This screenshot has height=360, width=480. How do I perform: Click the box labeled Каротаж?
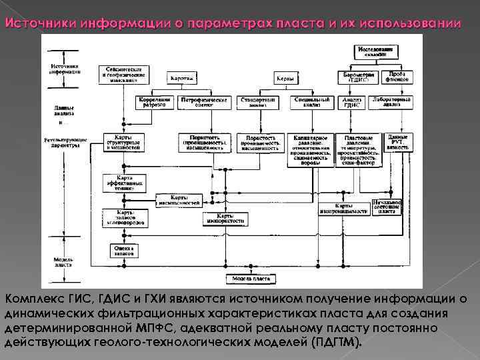point(182,79)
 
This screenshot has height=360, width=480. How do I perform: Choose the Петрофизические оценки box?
point(204,102)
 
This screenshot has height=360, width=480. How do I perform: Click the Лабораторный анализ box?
point(387,102)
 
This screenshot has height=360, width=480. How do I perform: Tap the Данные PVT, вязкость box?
point(397,143)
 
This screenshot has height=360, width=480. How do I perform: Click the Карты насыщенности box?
point(178,199)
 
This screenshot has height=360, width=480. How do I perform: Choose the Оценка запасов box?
point(123,250)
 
